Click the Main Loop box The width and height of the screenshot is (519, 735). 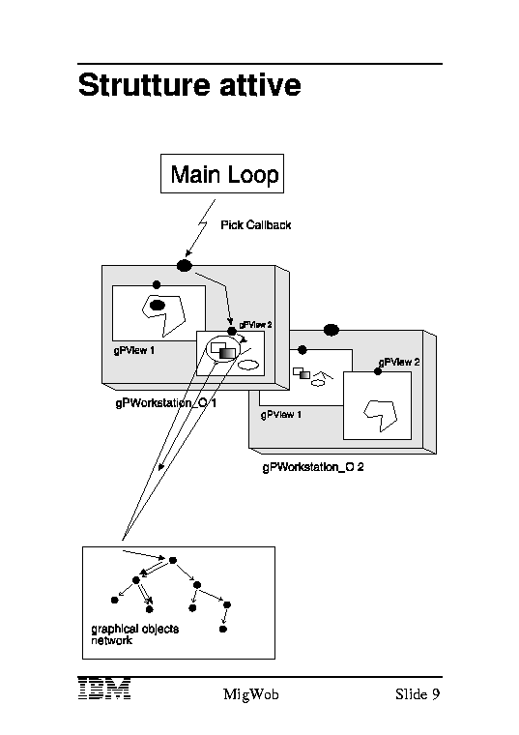pos(222,173)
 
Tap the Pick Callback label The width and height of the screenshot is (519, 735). pos(256,225)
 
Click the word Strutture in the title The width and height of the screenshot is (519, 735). pos(144,85)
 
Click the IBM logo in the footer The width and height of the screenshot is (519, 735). pos(104,689)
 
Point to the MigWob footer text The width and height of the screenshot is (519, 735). pos(250,694)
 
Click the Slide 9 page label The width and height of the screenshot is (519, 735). pos(418,693)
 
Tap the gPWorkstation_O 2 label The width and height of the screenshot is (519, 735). pos(313,467)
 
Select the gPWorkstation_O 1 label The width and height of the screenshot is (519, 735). pos(166,403)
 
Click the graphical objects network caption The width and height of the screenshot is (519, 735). pos(135,634)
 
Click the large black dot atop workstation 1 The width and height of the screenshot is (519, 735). pos(185,266)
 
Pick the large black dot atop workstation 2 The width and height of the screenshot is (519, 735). pos(332,330)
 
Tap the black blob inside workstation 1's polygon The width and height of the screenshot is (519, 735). pos(158,306)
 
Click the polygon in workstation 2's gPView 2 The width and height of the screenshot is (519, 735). pos(381,415)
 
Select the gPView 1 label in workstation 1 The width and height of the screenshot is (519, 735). pos(134,350)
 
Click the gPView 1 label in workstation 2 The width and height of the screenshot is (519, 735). pos(281,415)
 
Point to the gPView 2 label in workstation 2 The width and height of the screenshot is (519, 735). pos(399,362)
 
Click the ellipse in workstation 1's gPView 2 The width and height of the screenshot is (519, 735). pos(248,365)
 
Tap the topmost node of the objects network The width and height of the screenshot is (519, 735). pos(173,560)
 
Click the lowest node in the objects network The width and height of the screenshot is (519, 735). pos(223,629)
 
